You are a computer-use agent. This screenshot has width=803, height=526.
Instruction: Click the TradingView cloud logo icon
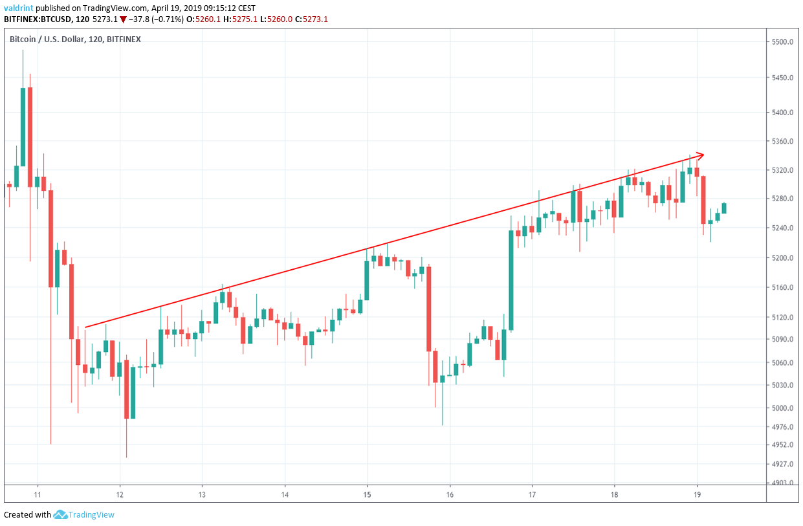pos(61,515)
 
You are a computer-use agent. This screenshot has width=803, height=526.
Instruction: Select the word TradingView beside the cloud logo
pos(93,515)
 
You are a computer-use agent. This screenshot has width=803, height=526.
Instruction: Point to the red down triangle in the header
pos(124,19)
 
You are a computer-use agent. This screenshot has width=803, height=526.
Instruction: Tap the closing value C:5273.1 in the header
pos(311,19)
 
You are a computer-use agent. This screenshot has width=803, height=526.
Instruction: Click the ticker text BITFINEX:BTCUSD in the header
pos(41,19)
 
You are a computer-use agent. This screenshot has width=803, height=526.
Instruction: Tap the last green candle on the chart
pos(724,208)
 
